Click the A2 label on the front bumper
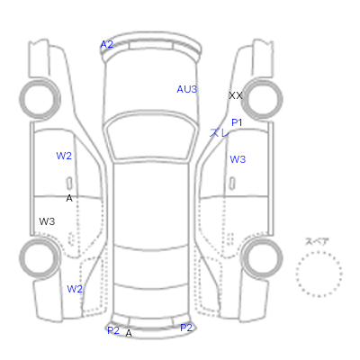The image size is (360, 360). point(106,44)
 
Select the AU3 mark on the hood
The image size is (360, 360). point(187,89)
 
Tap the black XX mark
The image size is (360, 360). point(236,95)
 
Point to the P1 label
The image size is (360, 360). point(237,122)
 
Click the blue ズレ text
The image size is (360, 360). point(220,132)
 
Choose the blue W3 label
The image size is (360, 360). point(238,159)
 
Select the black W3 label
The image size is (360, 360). point(47,221)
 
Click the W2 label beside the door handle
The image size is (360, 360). point(64,156)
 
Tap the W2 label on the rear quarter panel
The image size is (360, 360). point(75,289)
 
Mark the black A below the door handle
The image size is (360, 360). point(69,198)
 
